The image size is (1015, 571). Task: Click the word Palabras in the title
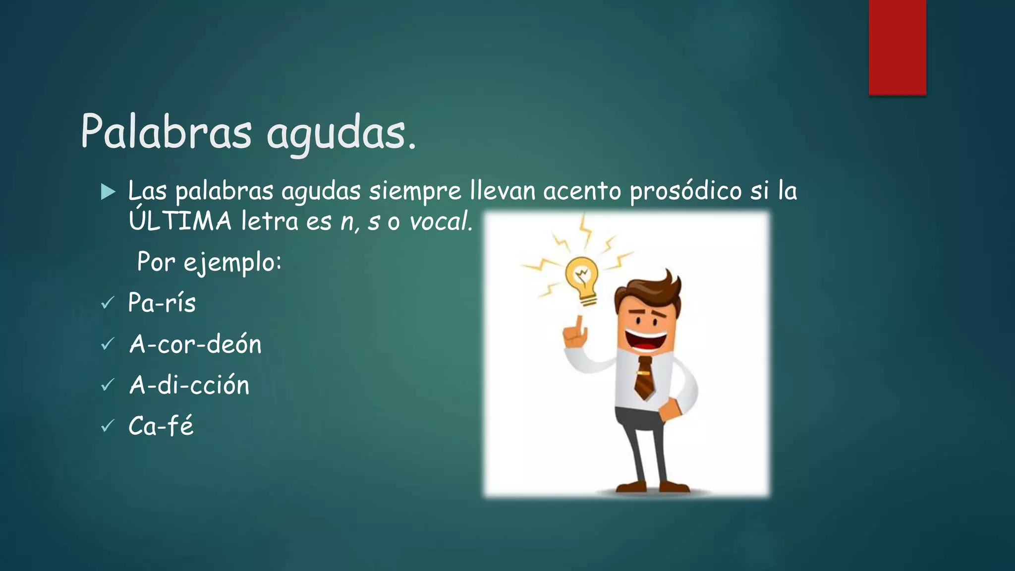click(x=166, y=132)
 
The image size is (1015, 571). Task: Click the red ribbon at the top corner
click(x=897, y=47)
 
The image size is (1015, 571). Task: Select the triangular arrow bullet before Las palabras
click(x=108, y=192)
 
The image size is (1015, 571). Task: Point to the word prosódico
click(x=685, y=191)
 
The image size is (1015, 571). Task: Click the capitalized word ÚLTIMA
click(x=180, y=220)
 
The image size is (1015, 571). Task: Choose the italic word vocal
click(x=439, y=222)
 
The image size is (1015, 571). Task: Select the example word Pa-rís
click(x=162, y=302)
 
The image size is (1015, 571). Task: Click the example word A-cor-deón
click(x=195, y=343)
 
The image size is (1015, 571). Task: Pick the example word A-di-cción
click(x=189, y=385)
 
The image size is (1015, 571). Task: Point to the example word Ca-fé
click(x=161, y=425)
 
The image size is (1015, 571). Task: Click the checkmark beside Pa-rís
click(x=107, y=302)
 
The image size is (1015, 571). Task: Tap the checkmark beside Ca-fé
click(x=107, y=425)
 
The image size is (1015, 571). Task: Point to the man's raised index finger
click(x=578, y=325)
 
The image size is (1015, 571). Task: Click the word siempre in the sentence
click(x=414, y=191)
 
